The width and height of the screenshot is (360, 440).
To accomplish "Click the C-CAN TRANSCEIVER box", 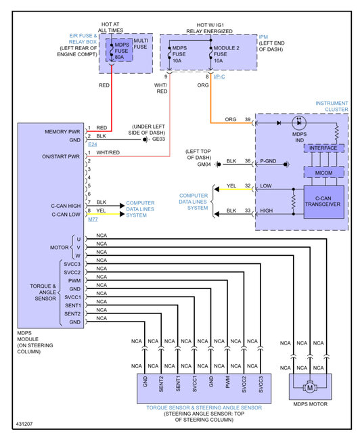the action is tap(324, 202).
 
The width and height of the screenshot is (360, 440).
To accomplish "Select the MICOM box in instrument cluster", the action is tap(324, 173).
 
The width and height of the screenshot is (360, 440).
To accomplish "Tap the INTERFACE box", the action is tap(324, 148).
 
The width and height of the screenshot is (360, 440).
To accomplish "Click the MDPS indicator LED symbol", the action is tap(299, 123).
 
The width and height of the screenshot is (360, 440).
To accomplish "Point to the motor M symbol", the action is tap(310, 388).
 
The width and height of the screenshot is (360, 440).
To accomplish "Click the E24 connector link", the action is tap(93, 144).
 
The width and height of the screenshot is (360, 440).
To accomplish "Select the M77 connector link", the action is tap(93, 219).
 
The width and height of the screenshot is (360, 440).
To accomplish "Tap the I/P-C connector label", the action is tap(219, 76).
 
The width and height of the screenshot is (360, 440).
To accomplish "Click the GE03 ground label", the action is tap(158, 139).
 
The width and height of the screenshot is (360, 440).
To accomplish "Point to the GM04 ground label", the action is tap(204, 164).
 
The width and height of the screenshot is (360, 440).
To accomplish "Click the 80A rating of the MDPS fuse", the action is tap(119, 57).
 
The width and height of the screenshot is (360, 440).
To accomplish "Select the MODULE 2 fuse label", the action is tap(227, 48).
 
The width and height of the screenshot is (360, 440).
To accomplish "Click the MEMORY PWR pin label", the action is tap(62, 131).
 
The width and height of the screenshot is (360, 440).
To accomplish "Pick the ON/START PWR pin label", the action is tap(61, 156).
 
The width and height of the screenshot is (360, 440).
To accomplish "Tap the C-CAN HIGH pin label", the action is tap(66, 206).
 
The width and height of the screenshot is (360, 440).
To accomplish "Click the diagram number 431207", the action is tap(24, 424).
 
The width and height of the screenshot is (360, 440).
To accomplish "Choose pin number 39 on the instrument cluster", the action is tap(248, 119).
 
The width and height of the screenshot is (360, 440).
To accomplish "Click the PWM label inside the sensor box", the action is tap(227, 382).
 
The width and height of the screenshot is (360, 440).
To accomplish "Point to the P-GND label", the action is tap(268, 161).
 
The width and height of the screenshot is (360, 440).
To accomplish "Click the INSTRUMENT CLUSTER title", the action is tap(332, 106).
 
